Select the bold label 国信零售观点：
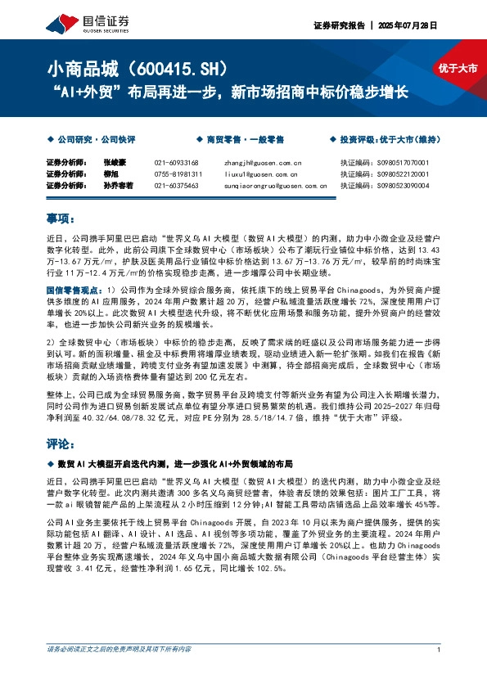click(x=74, y=290)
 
